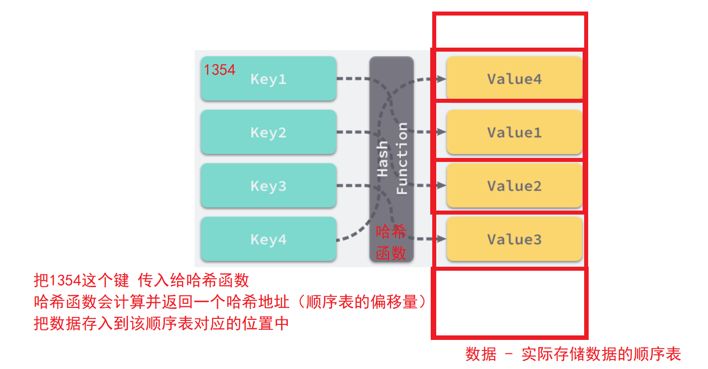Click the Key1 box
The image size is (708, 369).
[268, 79]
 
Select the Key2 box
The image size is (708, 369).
[268, 132]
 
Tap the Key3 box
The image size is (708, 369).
[268, 186]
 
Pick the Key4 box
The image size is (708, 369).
[268, 239]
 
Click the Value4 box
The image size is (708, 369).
[514, 79]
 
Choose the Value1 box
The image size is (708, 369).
[514, 132]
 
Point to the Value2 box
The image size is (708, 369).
[514, 186]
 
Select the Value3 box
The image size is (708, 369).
[514, 239]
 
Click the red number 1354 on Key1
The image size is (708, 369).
[220, 70]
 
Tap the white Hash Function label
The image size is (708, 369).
[392, 158]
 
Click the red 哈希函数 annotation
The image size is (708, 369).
[391, 243]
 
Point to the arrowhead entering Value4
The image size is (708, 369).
[441, 79]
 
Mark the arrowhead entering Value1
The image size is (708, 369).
[441, 132]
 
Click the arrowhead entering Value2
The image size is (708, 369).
[441, 186]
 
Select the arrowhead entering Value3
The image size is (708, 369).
[441, 239]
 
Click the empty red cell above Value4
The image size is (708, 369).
[509, 31]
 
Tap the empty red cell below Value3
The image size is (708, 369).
[509, 303]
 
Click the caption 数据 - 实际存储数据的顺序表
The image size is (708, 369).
[573, 354]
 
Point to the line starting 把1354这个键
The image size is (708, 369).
[141, 280]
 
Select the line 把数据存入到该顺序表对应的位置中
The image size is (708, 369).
[161, 323]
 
